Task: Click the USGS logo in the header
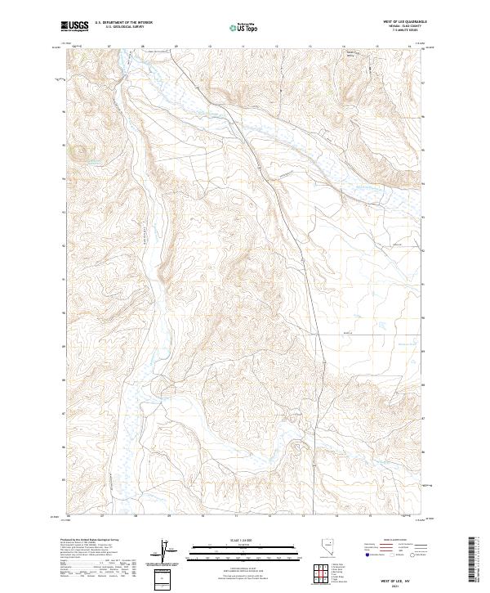point(76,26)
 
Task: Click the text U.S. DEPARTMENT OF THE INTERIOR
point(123,23)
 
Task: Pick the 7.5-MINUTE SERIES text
point(413,32)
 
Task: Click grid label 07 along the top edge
point(109,47)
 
